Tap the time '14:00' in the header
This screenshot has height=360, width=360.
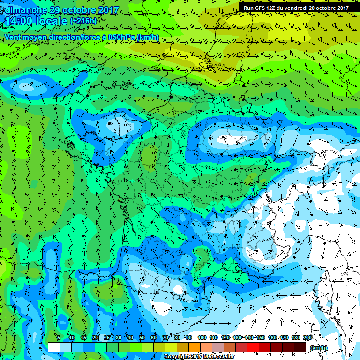tap(18, 21)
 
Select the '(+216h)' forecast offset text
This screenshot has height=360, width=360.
tap(83, 21)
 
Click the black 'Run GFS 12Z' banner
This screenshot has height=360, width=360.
tap(295, 8)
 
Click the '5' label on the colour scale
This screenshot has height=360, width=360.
tap(58, 338)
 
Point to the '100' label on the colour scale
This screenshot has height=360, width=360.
tap(201, 338)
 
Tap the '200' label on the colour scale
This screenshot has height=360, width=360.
tap(307, 338)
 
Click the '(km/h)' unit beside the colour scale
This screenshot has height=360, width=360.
tap(319, 347)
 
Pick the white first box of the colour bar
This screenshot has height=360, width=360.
tap(53, 347)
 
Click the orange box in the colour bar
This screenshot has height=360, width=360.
tap(195, 347)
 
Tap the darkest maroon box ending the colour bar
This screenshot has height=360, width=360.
tap(300, 347)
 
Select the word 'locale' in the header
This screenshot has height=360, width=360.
tap(51, 21)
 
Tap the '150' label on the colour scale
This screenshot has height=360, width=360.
tap(260, 338)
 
